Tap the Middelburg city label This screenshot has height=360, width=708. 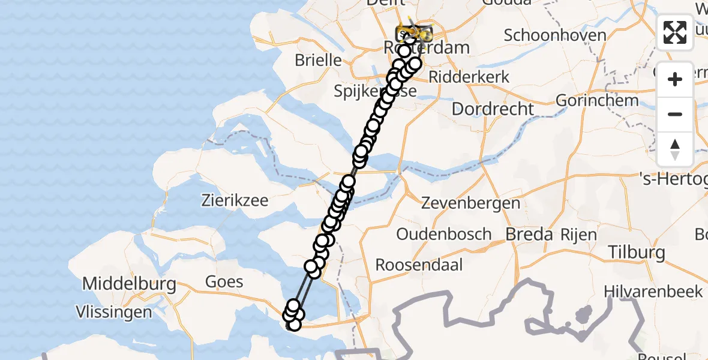coord(129,283)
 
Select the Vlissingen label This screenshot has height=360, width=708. coord(114,312)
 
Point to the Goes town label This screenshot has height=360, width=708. coord(224,281)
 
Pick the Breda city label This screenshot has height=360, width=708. coord(529,234)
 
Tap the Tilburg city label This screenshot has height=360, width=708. coord(637,252)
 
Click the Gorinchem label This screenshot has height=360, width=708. coord(597,100)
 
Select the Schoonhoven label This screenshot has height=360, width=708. coord(555,35)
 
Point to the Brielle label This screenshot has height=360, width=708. coord(318,61)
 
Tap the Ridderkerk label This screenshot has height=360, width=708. coord(469,77)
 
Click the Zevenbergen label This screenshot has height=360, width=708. coord(470,203)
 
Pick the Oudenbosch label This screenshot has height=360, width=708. coord(443,234)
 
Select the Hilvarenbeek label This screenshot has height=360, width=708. coord(653,292)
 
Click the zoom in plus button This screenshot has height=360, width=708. coord(675,79)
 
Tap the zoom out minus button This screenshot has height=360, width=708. coord(675,114)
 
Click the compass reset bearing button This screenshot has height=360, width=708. coord(675,149)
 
